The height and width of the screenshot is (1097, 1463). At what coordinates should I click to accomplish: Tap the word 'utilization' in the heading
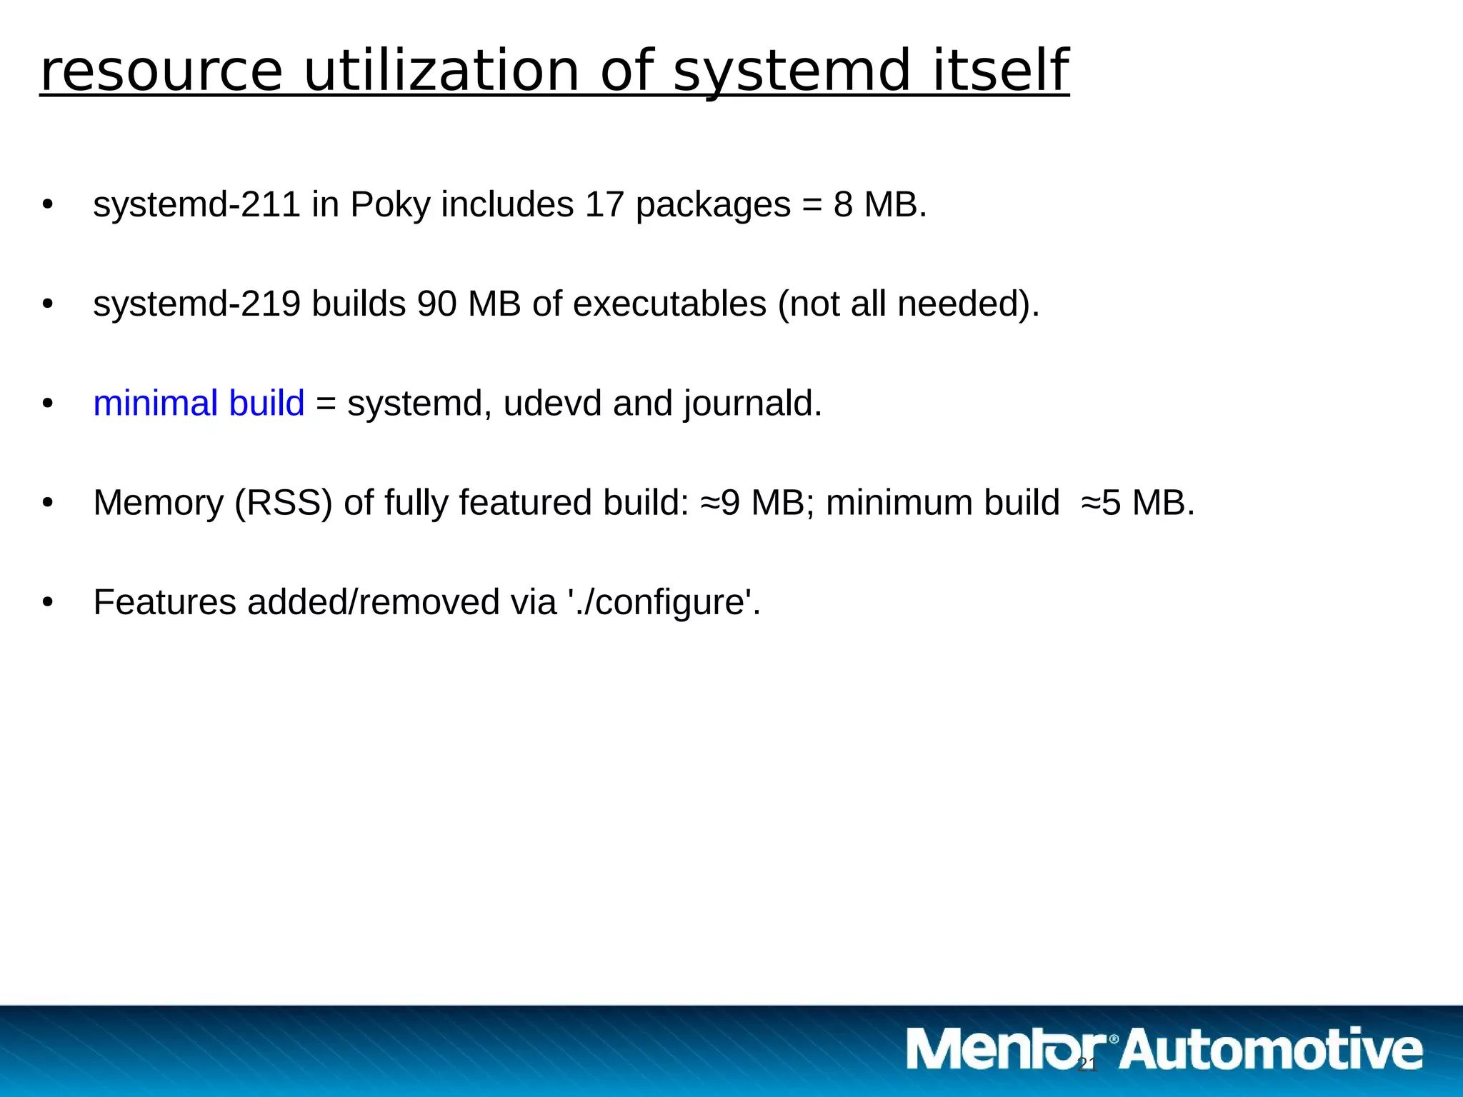click(x=441, y=71)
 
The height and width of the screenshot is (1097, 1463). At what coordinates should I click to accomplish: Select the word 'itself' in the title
click(x=1000, y=71)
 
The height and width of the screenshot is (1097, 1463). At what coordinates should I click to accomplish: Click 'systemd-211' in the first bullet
click(x=196, y=205)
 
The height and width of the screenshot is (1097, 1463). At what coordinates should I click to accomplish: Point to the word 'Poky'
click(x=390, y=205)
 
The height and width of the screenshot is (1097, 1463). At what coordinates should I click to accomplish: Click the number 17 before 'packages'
click(x=604, y=205)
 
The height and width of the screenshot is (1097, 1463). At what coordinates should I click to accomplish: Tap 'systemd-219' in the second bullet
click(x=196, y=304)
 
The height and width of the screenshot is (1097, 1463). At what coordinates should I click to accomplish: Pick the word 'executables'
click(x=669, y=304)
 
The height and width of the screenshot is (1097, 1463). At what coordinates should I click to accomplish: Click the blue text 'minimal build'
click(x=199, y=404)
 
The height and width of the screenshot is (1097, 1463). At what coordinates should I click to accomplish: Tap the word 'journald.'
click(x=753, y=404)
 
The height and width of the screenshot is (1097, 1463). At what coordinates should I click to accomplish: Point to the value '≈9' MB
click(x=720, y=503)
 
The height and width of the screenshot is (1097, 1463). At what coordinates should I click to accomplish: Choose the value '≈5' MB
click(x=1101, y=503)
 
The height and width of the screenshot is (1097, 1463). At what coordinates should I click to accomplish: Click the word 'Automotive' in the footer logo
click(x=1272, y=1050)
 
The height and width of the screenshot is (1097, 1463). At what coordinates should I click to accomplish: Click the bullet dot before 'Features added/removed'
click(x=48, y=602)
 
